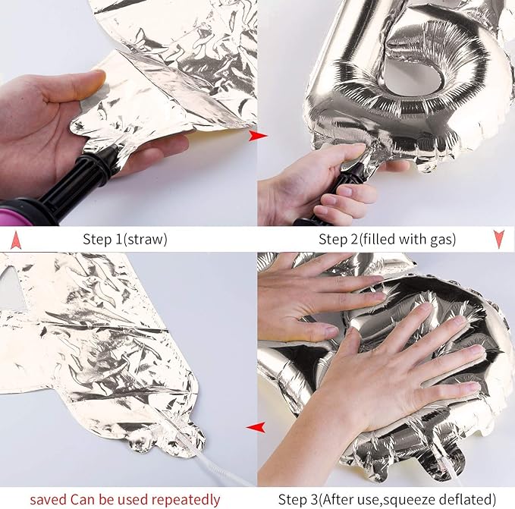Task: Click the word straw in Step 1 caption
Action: point(145,240)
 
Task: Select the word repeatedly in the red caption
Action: point(186,500)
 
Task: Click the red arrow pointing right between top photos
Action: point(258,135)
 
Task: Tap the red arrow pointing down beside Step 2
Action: point(499,239)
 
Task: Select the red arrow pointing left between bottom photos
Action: point(256,428)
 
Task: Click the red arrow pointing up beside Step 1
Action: point(16,240)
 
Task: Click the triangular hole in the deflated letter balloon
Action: point(12,288)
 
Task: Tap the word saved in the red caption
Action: point(49,500)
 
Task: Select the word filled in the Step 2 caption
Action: point(378,239)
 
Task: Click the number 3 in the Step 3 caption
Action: point(315,499)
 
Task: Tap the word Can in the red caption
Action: point(81,499)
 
